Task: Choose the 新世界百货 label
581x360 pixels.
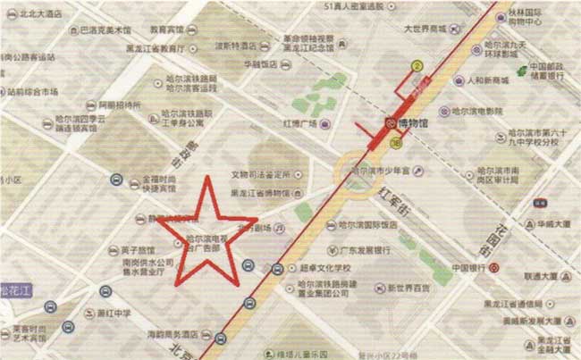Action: (x=408, y=288)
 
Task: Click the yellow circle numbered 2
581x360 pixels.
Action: (x=416, y=65)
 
